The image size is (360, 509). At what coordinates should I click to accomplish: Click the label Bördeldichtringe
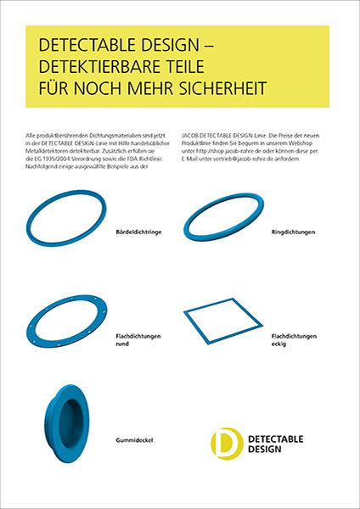click(x=138, y=231)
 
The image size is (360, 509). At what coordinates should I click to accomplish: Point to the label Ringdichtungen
click(x=293, y=231)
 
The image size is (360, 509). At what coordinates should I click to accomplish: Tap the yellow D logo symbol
click(x=225, y=442)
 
